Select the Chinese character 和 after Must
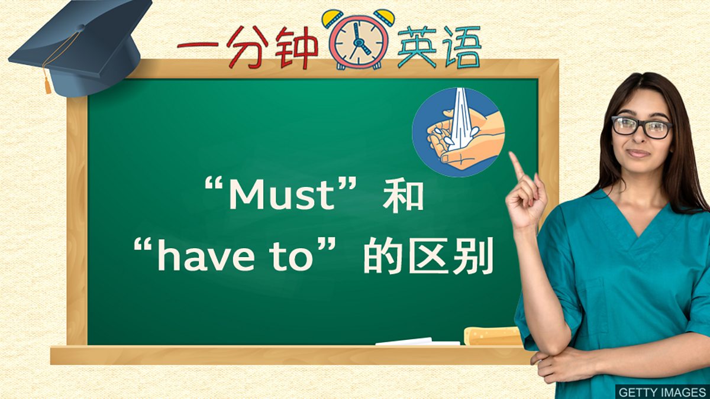[403, 196]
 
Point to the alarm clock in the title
[359, 38]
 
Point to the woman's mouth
[638, 153]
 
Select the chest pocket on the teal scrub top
[598, 296]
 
